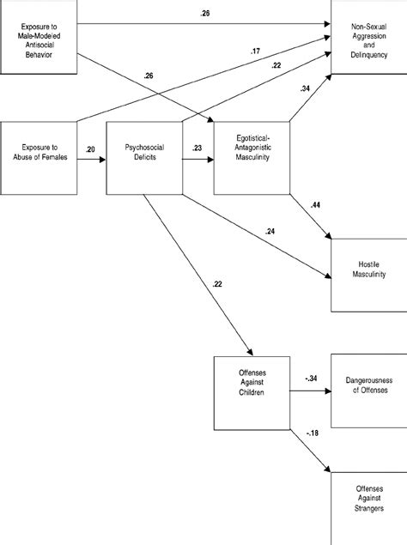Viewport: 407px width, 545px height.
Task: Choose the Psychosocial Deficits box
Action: coord(143,158)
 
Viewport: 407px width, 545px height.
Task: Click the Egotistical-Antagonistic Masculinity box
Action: coord(252,158)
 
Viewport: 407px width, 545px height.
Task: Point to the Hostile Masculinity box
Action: coord(368,275)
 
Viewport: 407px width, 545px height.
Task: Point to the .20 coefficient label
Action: coord(90,150)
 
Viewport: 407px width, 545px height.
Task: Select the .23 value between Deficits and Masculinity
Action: coord(197,150)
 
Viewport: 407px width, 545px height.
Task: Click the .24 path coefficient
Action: coord(272,231)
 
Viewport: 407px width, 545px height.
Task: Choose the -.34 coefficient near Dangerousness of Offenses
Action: coord(311,378)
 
